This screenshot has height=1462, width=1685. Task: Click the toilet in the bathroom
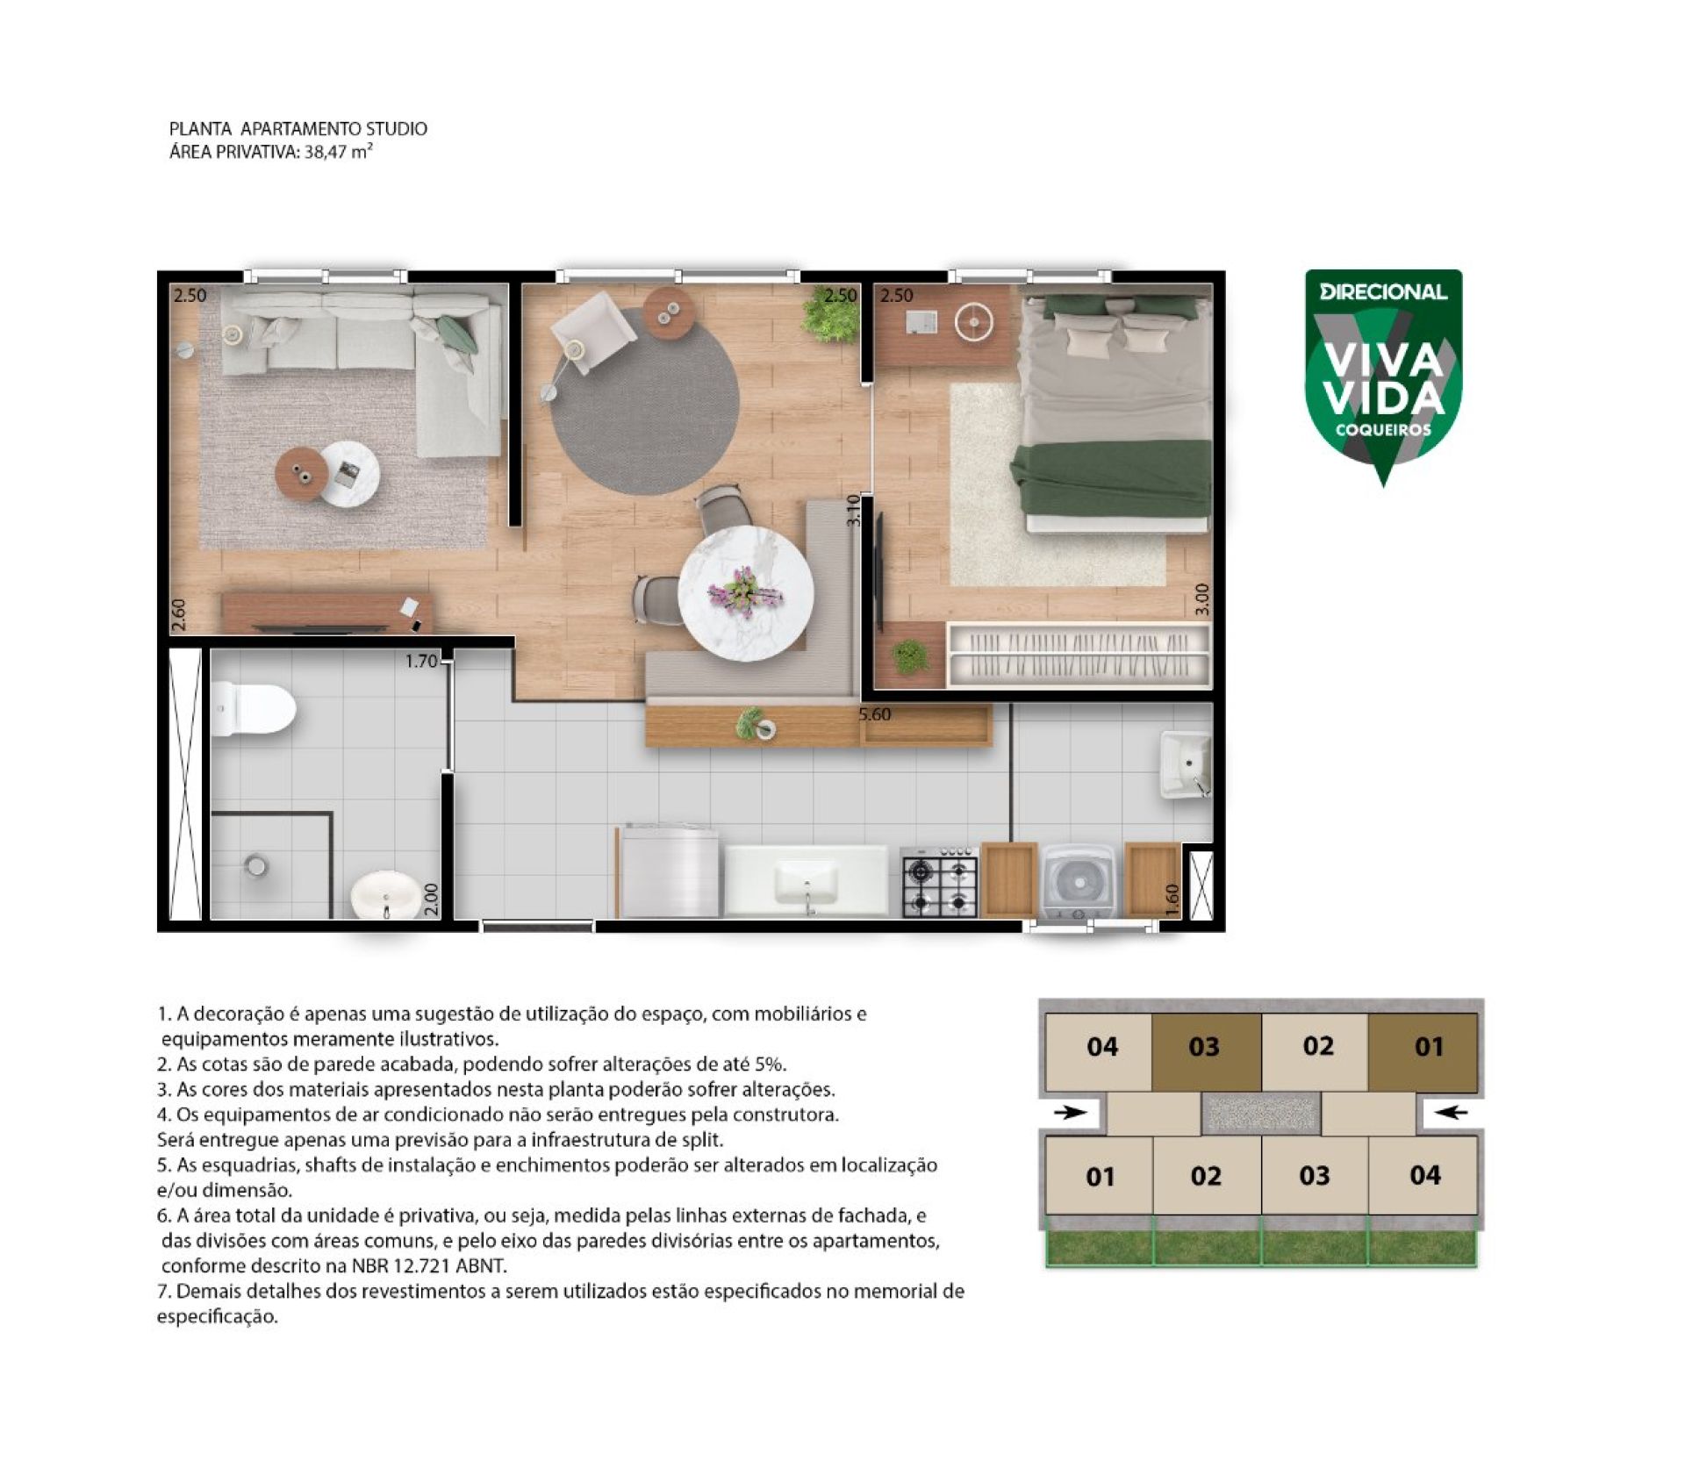pyautogui.click(x=252, y=709)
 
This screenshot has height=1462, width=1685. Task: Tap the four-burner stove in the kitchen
pyautogui.click(x=939, y=882)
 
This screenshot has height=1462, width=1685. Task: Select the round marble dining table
pyautogui.click(x=746, y=594)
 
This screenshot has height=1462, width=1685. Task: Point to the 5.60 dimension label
pyautogui.click(x=875, y=714)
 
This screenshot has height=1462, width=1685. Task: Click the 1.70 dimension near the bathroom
pyautogui.click(x=421, y=661)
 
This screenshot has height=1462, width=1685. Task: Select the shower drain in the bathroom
pyautogui.click(x=255, y=866)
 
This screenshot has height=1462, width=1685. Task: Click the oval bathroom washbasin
pyautogui.click(x=386, y=894)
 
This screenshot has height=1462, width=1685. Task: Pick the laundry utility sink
pyautogui.click(x=1187, y=763)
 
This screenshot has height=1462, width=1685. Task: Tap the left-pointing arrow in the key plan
pyautogui.click(x=1452, y=1113)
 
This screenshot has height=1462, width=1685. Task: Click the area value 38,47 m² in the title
pyautogui.click(x=339, y=151)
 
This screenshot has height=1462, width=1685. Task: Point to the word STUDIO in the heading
pyautogui.click(x=397, y=129)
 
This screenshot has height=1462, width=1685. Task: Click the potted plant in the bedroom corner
pyautogui.click(x=910, y=656)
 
